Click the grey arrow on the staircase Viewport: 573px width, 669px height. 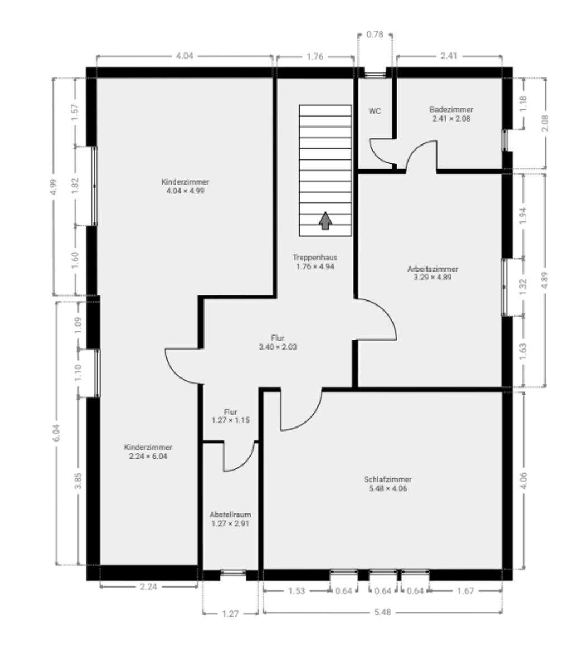pyautogui.click(x=325, y=221)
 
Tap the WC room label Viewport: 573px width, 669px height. pyautogui.click(x=375, y=111)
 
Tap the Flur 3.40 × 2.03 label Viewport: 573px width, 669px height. pyautogui.click(x=278, y=342)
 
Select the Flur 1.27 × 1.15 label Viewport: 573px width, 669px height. pyautogui.click(x=230, y=416)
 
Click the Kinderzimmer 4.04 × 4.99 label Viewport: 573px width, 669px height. pyautogui.click(x=185, y=186)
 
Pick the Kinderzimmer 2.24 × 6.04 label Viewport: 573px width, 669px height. pyautogui.click(x=148, y=452)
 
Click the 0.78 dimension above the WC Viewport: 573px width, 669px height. pyautogui.click(x=375, y=35)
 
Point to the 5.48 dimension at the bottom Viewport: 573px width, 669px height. pyautogui.click(x=382, y=612)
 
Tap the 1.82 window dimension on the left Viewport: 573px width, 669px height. pyautogui.click(x=75, y=186)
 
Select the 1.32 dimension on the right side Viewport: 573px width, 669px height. pyautogui.click(x=523, y=287)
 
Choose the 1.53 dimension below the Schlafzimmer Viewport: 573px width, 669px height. pyautogui.click(x=297, y=591)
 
